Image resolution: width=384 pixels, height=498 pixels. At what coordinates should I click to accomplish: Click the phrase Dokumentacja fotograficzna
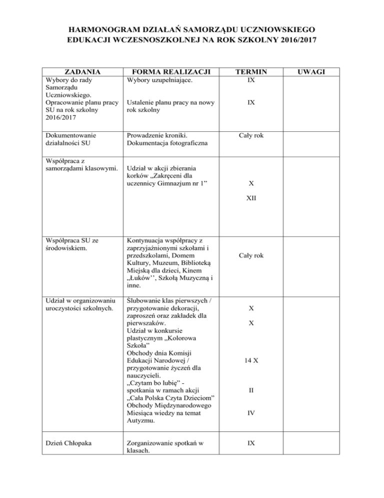click(165, 143)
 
